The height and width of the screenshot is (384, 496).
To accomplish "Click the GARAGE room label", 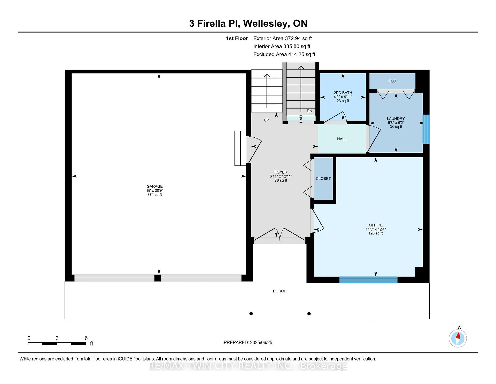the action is click(154, 186).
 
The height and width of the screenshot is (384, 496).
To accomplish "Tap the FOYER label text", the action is click(281, 172).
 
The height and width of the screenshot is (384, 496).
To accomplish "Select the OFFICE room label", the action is click(376, 225).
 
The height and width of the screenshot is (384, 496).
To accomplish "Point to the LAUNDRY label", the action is click(396, 119).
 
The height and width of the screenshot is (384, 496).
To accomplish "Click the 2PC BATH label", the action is click(343, 93).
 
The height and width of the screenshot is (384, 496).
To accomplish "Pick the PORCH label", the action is click(280, 291).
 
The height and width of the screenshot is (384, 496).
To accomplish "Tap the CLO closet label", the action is click(392, 81).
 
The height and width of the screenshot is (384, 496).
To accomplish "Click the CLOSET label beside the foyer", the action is click(323, 179).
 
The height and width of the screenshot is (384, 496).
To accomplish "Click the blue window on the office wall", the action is click(368, 280).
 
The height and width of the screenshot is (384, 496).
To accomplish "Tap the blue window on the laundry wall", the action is click(426, 129).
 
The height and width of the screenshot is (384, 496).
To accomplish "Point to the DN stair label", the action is click(309, 111).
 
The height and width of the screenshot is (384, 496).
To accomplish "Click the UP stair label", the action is click(266, 120).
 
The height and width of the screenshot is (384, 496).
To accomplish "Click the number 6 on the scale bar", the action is click(86, 338).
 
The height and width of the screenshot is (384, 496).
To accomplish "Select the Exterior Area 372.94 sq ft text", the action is click(283, 38).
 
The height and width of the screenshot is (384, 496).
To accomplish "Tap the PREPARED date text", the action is click(248, 342).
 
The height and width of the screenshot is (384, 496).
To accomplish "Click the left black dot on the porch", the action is click(251, 314).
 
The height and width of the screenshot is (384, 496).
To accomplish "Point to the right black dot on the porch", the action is click(309, 314).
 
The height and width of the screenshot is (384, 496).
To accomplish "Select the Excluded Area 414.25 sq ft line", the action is click(284, 54).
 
